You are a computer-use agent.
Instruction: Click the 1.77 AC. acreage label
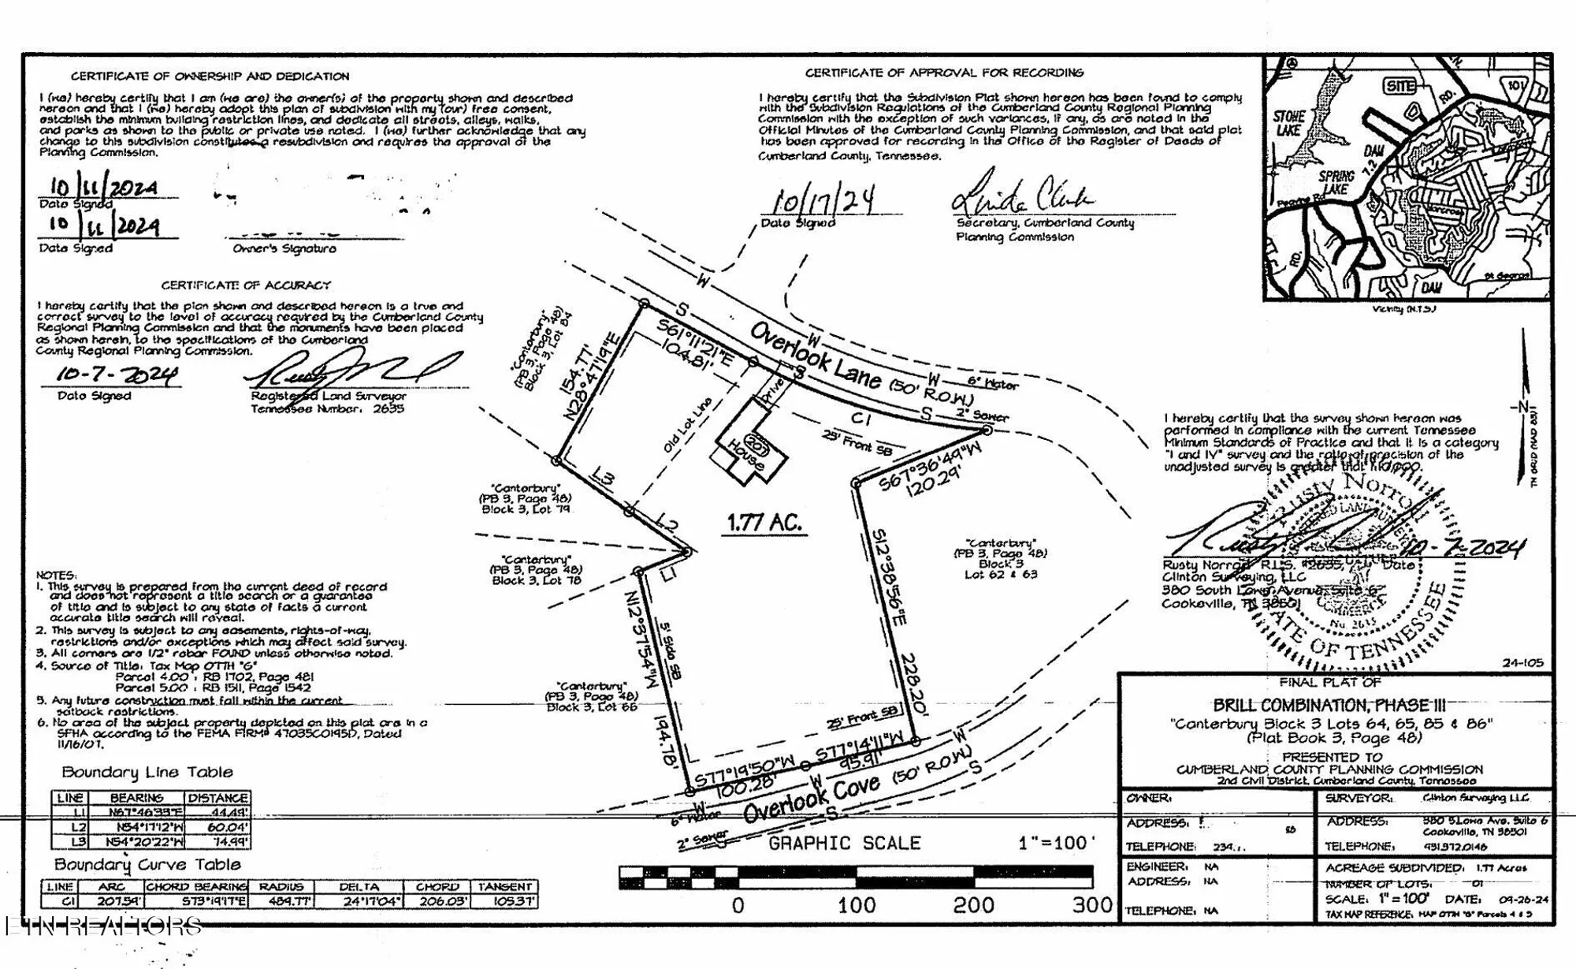pos(764,523)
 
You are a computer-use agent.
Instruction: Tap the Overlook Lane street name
pos(814,356)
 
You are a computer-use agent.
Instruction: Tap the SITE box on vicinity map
pos(1399,86)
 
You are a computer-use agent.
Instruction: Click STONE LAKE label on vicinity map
pos(1290,123)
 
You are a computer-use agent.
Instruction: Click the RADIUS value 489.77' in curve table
pos(281,901)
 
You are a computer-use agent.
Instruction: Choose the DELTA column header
pos(359,887)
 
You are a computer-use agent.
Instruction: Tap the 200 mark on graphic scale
pos(973,904)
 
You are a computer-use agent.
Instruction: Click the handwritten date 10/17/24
pos(823,200)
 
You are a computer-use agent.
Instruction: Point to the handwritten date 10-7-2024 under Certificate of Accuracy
pos(117,375)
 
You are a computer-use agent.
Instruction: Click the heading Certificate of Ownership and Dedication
pos(210,76)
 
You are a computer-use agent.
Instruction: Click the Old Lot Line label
pos(687,424)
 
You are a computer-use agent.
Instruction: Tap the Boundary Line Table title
pos(147,772)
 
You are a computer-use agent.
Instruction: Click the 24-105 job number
pos(1522,663)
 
